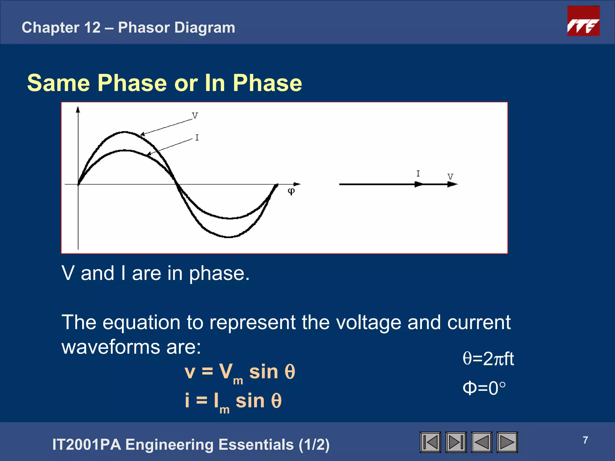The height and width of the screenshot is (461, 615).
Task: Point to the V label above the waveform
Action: click(195, 116)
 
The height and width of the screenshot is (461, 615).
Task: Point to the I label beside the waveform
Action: click(197, 138)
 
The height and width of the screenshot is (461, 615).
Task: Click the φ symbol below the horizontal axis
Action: click(291, 191)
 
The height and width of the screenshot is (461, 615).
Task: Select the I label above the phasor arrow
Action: click(418, 173)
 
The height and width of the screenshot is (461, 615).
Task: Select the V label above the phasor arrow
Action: click(450, 176)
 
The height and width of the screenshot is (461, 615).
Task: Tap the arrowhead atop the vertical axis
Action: click(78, 110)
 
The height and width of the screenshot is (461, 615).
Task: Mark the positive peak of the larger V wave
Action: click(124, 132)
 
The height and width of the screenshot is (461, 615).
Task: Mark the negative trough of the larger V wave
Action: click(229, 237)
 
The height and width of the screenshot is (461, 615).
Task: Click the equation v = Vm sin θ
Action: click(240, 372)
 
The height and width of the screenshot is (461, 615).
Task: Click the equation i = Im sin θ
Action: click(233, 401)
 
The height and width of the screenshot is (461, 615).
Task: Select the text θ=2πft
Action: click(488, 359)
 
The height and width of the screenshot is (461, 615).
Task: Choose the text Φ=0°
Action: click(484, 388)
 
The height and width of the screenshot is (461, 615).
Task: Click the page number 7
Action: click(585, 440)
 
